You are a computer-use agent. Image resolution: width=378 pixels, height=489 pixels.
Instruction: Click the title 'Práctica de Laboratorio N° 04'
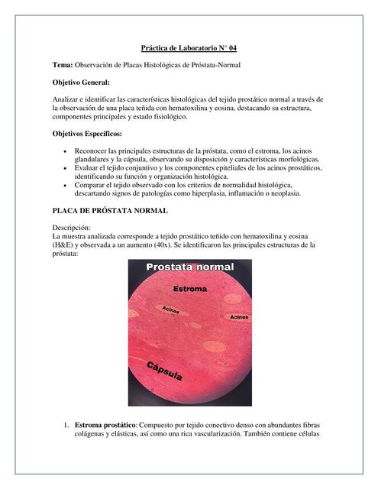tap(189, 47)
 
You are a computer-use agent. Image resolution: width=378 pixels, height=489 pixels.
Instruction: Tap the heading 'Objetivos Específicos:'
tap(86, 134)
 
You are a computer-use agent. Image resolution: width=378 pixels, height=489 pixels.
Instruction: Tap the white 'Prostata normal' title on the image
tap(191, 269)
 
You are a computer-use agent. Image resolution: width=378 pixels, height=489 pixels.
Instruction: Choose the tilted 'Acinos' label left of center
tap(170, 309)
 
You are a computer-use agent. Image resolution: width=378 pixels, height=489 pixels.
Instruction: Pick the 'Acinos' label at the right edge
tap(238, 316)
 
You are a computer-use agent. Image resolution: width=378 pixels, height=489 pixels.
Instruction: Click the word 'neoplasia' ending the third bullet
tap(281, 193)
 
